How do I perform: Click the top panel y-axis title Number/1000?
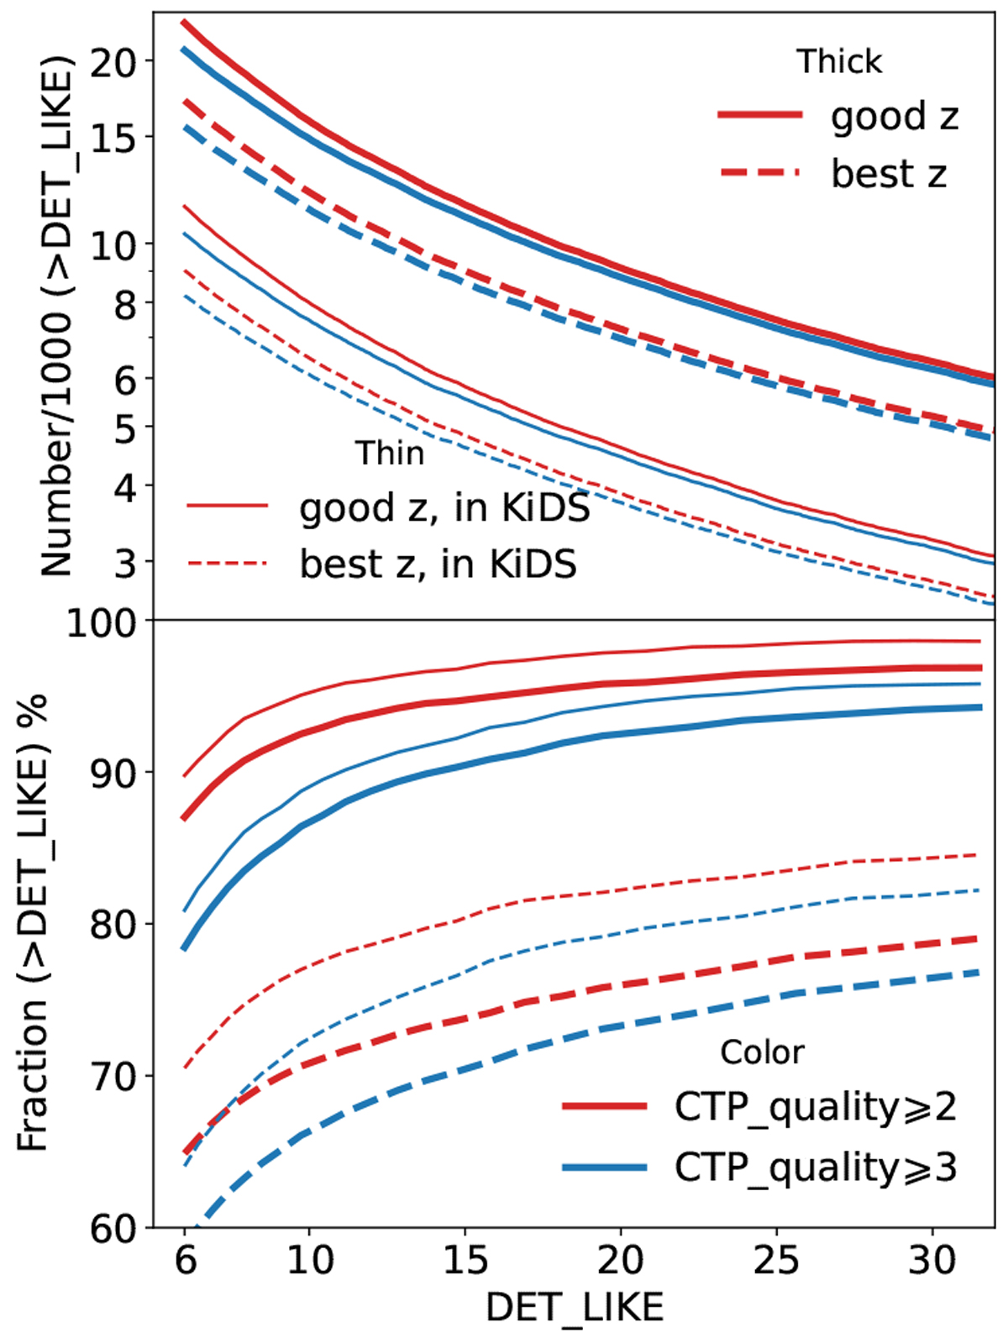click(x=57, y=315)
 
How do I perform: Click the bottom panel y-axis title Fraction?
click(x=34, y=924)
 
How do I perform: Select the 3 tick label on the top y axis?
click(x=125, y=562)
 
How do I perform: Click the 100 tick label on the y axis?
click(x=101, y=622)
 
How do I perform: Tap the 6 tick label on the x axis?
click(x=185, y=1261)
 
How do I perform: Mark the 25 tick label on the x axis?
click(x=776, y=1261)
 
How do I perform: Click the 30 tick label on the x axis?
click(x=932, y=1261)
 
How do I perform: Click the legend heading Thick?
click(x=839, y=61)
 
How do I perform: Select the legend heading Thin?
click(x=390, y=454)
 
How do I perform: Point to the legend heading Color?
click(x=762, y=1052)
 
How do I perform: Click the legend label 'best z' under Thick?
click(x=889, y=174)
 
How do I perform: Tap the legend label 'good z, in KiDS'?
click(x=444, y=508)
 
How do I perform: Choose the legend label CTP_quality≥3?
click(x=815, y=1167)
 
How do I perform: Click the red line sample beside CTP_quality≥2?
click(x=605, y=1107)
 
